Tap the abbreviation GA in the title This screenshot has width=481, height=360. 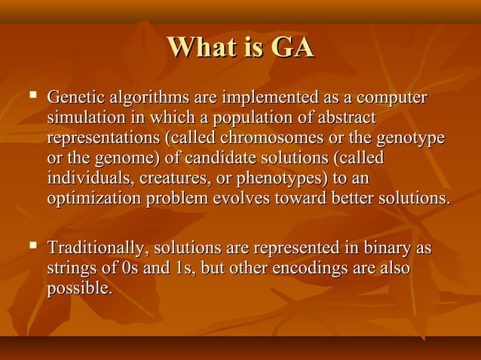[x=291, y=47]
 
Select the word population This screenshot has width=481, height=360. [x=246, y=119]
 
